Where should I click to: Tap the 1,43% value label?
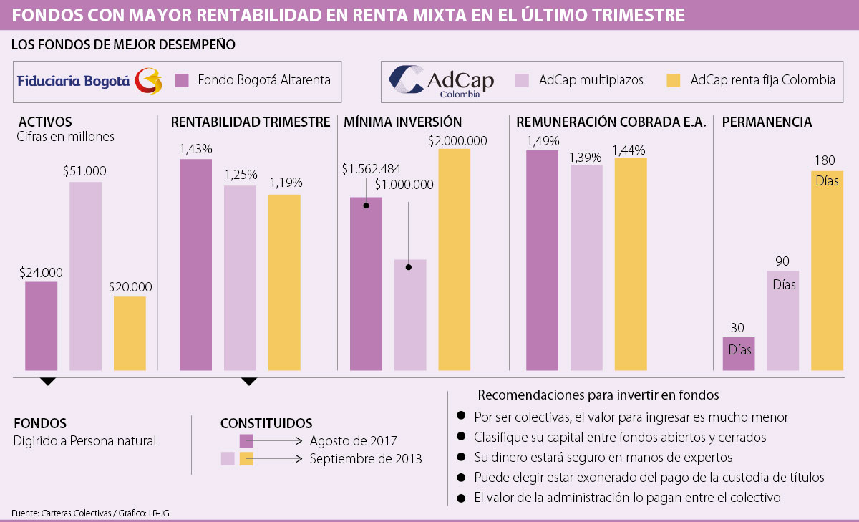tap(196, 149)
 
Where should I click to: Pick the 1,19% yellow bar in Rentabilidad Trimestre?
tap(284, 282)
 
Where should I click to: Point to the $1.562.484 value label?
tap(371, 169)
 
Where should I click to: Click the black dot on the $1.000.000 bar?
tap(409, 267)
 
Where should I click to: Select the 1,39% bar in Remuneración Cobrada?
tap(586, 268)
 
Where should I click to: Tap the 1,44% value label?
tap(629, 150)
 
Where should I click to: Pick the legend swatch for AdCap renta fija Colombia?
tap(673, 80)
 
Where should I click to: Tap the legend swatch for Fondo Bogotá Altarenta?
tap(182, 80)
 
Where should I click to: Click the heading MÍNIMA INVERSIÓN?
tap(402, 122)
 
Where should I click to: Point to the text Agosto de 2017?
tap(354, 440)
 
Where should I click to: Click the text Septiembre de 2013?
tap(366, 458)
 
